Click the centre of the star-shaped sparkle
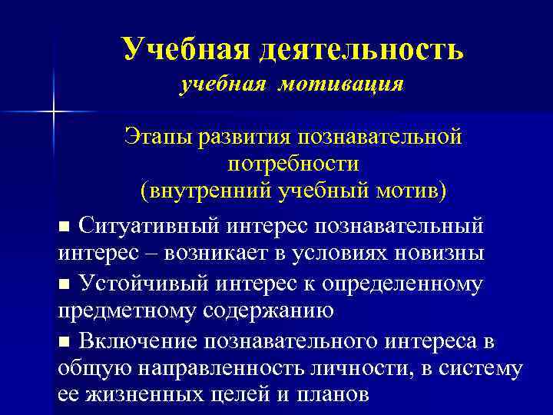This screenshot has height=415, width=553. pos(55,111)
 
